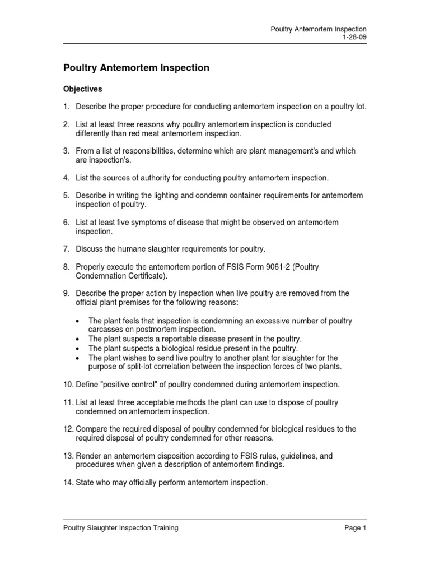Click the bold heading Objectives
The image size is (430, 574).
pyautogui.click(x=83, y=89)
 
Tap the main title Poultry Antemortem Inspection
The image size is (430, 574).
pyautogui.click(x=136, y=68)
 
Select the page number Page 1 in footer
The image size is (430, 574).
pyautogui.click(x=356, y=528)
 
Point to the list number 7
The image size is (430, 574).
pyautogui.click(x=66, y=249)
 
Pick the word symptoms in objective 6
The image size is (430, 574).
pyautogui.click(x=156, y=223)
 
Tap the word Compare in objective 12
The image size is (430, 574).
pyautogui.click(x=91, y=429)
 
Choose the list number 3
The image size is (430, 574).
pyautogui.click(x=66, y=151)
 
